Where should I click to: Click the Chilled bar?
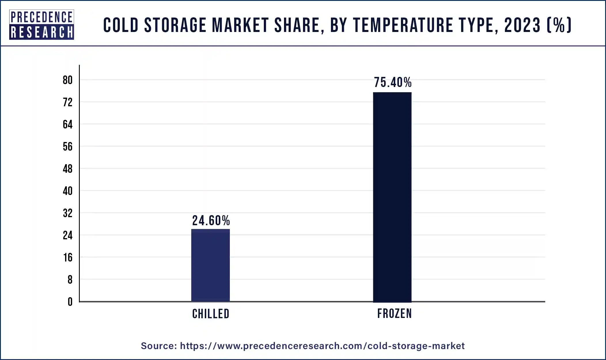click(211, 265)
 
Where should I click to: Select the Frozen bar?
click(392, 197)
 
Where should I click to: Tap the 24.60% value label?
click(211, 221)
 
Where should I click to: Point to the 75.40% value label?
click(393, 82)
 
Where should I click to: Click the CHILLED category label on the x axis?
click(211, 314)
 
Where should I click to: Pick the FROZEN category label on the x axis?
click(395, 313)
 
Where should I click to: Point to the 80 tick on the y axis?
click(68, 80)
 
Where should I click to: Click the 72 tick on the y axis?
click(68, 102)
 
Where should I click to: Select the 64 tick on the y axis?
click(68, 124)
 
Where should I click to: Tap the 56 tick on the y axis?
click(68, 147)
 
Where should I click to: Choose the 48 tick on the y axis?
click(68, 169)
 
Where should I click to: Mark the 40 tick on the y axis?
click(68, 191)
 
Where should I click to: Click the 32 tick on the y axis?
click(68, 213)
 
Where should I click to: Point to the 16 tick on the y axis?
click(68, 257)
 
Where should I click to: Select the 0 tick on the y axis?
click(70, 302)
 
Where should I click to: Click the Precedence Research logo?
click(42, 25)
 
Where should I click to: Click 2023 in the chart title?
click(522, 25)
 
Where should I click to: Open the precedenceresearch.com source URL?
click(322, 346)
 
